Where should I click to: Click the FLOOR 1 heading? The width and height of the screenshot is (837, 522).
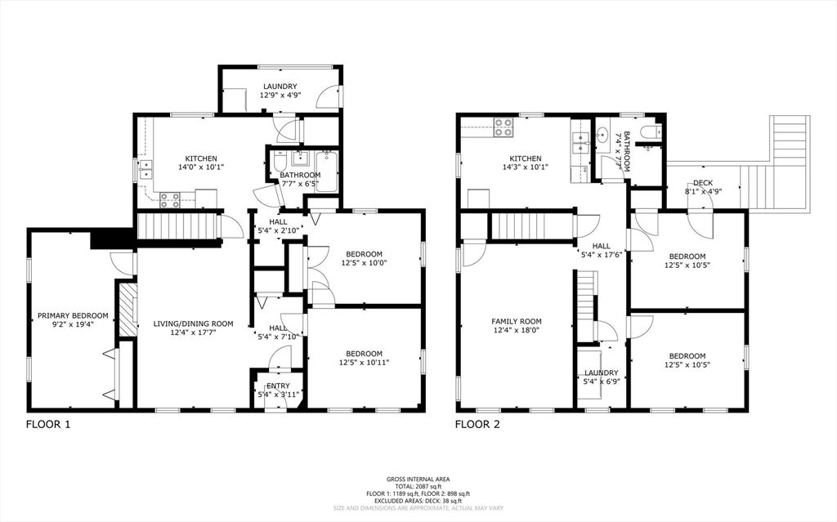[48, 424]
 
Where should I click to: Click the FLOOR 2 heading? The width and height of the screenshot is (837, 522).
[477, 424]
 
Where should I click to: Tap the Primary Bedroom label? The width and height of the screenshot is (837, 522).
[73, 315]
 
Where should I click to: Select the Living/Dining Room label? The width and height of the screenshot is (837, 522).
[194, 324]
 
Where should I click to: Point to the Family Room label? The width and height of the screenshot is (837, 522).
[516, 321]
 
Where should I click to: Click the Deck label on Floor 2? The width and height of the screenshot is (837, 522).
[702, 183]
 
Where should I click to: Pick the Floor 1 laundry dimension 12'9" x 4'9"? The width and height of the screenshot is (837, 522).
[279, 96]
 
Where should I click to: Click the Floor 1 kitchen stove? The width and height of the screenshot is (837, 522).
[170, 199]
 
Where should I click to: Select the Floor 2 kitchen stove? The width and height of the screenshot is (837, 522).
[503, 127]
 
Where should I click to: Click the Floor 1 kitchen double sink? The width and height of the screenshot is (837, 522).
[147, 170]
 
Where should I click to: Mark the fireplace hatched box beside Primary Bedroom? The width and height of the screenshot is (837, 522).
[127, 309]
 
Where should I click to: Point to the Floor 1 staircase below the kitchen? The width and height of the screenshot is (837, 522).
[177, 225]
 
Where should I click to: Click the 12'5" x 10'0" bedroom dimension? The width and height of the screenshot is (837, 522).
[364, 263]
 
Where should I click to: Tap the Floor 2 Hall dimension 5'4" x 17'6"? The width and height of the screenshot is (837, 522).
[602, 255]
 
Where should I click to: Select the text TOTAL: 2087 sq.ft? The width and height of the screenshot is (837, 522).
[418, 487]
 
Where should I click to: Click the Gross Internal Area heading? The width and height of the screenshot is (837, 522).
[418, 479]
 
